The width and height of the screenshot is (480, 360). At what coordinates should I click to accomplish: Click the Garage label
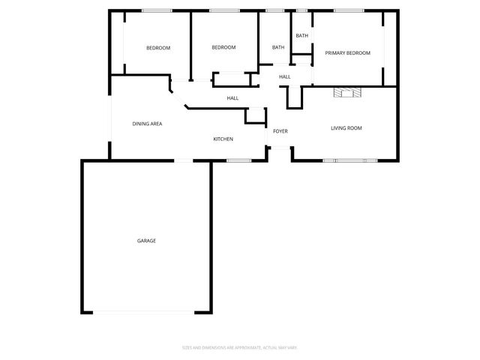tap(146, 241)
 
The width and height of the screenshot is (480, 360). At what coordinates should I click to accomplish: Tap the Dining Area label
tap(148, 124)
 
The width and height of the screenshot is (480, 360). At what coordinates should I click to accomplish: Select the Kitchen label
tap(223, 139)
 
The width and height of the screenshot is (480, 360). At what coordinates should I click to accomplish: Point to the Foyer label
tap(280, 131)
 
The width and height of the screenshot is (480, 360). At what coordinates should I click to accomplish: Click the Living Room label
tap(346, 128)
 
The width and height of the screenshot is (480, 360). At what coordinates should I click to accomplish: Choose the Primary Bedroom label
tap(347, 53)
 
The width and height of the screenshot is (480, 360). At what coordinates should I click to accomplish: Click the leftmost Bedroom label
tap(157, 48)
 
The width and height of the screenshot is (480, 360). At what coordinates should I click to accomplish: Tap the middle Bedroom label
tap(223, 47)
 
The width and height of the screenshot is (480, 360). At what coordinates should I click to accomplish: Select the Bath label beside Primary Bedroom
tap(301, 35)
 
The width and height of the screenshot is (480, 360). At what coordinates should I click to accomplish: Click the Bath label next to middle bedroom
tap(278, 48)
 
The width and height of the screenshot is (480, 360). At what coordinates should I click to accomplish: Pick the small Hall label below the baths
tap(285, 76)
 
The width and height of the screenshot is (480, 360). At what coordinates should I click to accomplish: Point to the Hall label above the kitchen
tap(232, 98)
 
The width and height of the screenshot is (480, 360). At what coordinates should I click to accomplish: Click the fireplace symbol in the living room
tap(346, 92)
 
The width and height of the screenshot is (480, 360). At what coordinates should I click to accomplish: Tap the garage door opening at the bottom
tap(146, 313)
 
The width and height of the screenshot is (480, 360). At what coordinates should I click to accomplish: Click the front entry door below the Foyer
tap(280, 147)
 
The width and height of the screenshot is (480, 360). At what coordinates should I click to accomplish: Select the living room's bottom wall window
tap(350, 160)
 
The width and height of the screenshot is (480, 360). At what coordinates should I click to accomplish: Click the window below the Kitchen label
tap(238, 160)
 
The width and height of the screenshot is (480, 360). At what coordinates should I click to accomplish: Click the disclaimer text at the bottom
tap(240, 347)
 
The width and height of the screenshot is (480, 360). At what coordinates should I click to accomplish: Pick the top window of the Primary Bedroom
tap(344, 10)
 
